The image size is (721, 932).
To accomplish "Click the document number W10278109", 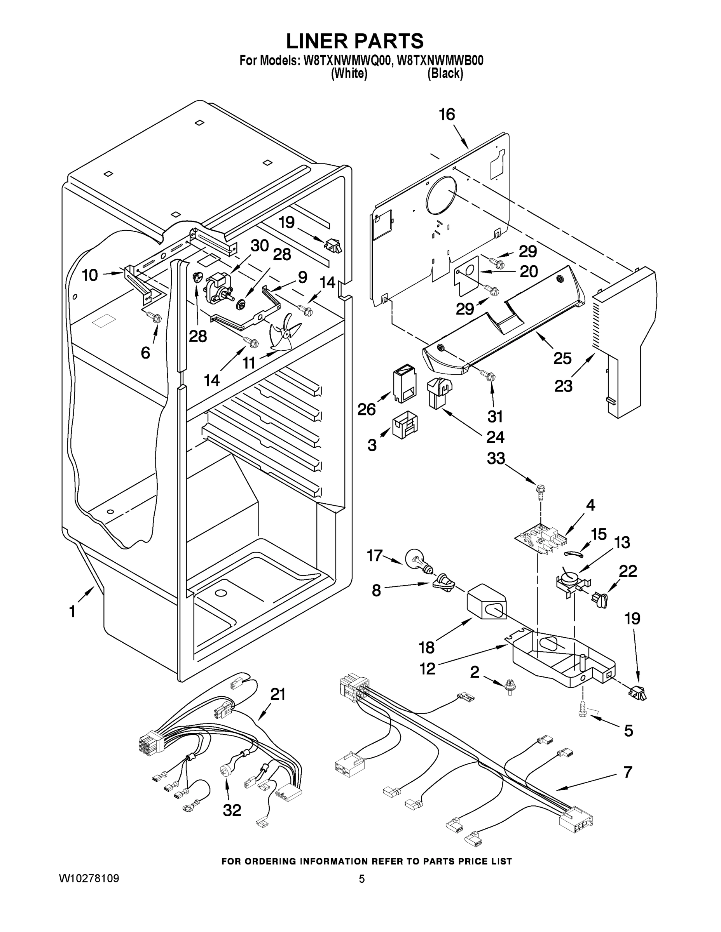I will [x=89, y=879].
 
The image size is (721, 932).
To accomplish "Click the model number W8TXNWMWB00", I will [x=440, y=61].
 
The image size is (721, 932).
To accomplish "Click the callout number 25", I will [x=562, y=358].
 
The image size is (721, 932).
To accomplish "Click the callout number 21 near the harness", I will [x=278, y=694].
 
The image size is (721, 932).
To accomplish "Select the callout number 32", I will [x=232, y=810].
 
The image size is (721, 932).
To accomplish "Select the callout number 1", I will [x=72, y=612].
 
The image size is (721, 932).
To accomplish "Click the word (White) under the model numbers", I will [x=349, y=73].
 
